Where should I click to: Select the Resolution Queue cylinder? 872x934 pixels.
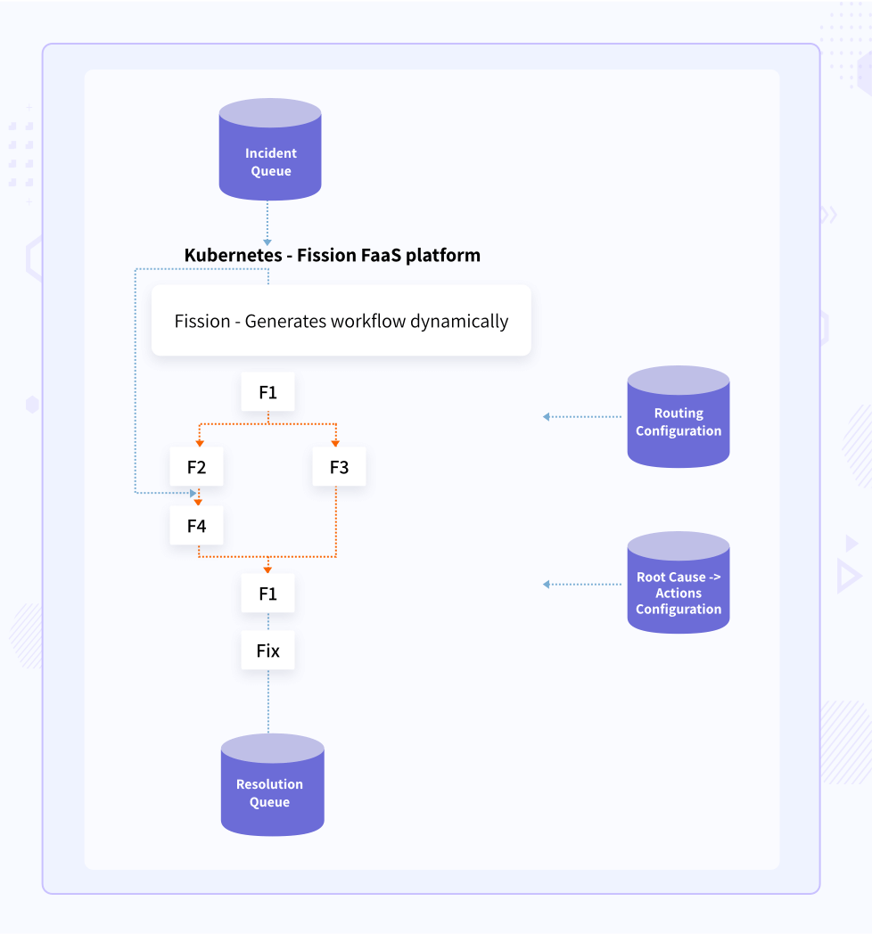(x=272, y=785)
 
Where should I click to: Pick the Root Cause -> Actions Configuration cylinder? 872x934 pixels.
(x=679, y=584)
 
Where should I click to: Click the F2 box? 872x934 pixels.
(x=197, y=467)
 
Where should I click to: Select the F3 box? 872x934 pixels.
(x=339, y=467)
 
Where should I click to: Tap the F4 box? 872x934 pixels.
(x=197, y=526)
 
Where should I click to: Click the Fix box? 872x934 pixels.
(x=267, y=651)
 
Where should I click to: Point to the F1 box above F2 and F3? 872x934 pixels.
(x=267, y=392)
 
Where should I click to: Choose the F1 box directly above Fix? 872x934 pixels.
(x=267, y=594)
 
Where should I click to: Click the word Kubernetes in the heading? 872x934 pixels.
(x=232, y=256)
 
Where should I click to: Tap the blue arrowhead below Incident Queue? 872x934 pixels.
(x=267, y=242)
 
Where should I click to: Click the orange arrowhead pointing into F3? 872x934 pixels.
(x=336, y=442)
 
